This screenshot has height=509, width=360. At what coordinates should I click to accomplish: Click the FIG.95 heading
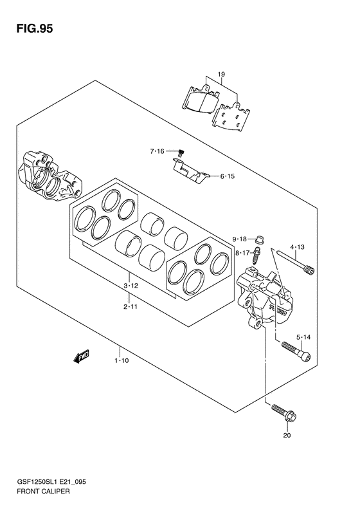click(x=34, y=29)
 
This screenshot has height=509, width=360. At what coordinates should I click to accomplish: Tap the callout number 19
click(x=221, y=75)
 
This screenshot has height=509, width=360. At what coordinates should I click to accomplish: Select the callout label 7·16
click(x=157, y=151)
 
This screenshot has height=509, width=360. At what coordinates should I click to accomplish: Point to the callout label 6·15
click(x=228, y=176)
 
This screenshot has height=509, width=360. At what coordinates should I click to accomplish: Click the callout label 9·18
click(x=239, y=239)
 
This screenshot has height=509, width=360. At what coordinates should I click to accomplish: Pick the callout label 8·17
click(x=242, y=252)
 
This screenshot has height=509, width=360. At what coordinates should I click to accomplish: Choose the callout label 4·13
click(x=297, y=247)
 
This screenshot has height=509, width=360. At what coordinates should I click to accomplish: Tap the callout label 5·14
click(x=303, y=338)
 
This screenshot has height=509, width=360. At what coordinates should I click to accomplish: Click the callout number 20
click(x=287, y=435)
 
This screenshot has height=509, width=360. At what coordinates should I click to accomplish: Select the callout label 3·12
click(x=130, y=286)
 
